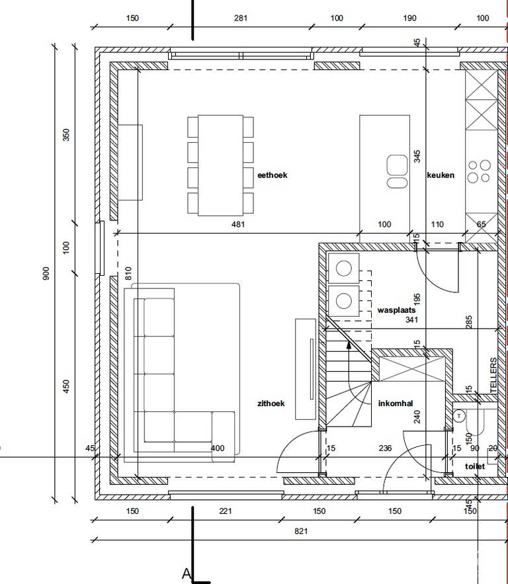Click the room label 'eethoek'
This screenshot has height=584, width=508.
[273, 175]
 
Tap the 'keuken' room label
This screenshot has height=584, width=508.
[441, 175]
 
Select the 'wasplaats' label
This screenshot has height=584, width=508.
[396, 310]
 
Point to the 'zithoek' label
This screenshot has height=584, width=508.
[271, 403]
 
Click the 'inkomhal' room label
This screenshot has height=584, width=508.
[396, 403]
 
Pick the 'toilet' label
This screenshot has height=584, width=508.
[475, 466]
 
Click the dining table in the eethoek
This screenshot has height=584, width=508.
[220, 165]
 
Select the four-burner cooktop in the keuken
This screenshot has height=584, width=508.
[479, 171]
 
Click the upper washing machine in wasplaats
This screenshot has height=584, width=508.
[343, 268]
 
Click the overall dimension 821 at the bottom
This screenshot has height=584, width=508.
[301, 531]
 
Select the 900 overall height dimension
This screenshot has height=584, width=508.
[46, 273]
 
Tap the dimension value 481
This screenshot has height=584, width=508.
[238, 224]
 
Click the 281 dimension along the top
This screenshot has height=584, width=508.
[241, 18]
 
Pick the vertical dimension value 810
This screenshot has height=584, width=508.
[128, 273]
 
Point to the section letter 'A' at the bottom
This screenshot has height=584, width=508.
[187, 574]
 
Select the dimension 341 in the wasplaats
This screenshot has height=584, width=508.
[411, 319]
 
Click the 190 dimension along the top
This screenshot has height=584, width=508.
[409, 18]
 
